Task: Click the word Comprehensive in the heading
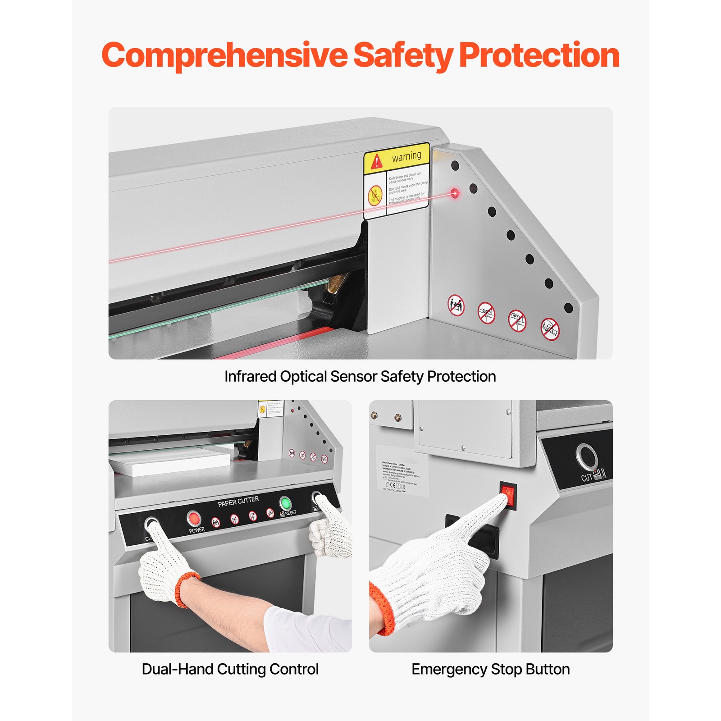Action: [x=224, y=55]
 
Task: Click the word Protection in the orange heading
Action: [x=539, y=55]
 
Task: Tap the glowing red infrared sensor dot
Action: [x=455, y=193]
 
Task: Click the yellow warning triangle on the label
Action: [x=376, y=161]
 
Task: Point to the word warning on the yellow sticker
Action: [x=406, y=156]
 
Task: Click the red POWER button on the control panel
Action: [x=194, y=518]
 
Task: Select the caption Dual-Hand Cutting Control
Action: [x=230, y=669]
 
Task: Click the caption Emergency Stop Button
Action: [x=490, y=669]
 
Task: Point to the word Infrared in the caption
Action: [x=250, y=376]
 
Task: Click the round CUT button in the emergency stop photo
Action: [x=587, y=456]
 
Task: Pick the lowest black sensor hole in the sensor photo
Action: [x=568, y=308]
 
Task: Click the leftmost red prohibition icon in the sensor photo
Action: [x=456, y=305]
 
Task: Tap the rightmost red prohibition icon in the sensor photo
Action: [x=550, y=329]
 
